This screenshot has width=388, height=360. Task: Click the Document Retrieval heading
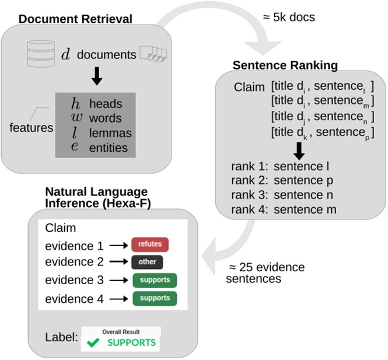(x=75, y=19)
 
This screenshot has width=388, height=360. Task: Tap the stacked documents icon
(x=153, y=55)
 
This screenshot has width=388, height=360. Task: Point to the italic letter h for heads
(x=75, y=104)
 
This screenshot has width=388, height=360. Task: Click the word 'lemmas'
(x=110, y=133)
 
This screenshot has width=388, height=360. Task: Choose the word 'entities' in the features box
(x=109, y=148)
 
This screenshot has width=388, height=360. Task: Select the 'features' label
(x=32, y=127)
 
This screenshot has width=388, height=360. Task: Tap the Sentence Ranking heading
(x=285, y=64)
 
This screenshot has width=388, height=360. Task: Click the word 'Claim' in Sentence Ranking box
(x=250, y=87)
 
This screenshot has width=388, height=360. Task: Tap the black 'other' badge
(x=148, y=262)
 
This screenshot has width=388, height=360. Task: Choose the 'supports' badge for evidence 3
(x=155, y=280)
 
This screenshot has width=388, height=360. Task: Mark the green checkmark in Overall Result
(x=93, y=342)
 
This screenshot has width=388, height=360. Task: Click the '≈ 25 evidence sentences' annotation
(x=265, y=272)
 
